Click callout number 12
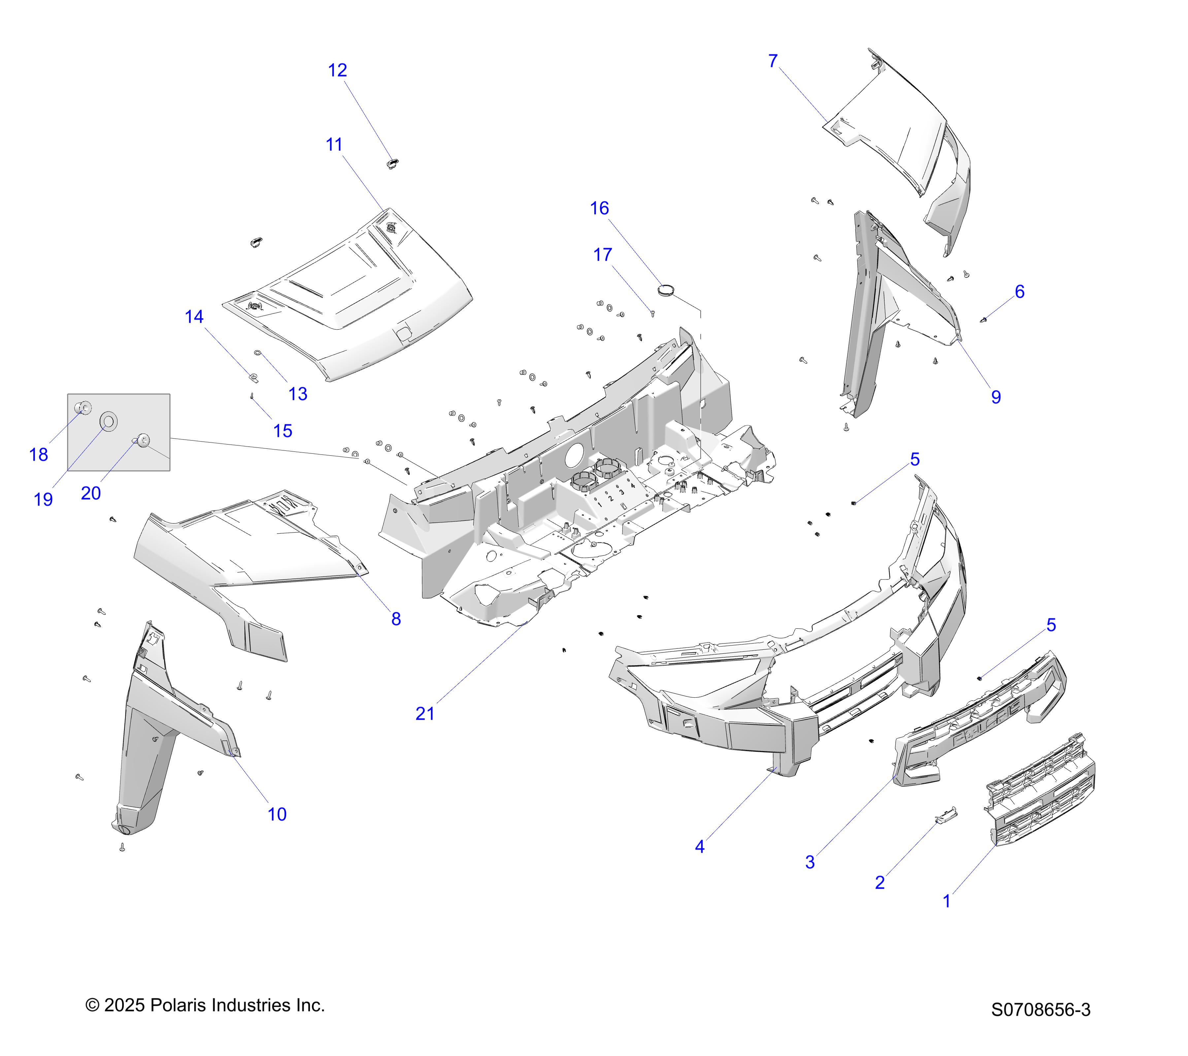[x=337, y=70]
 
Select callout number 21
[x=425, y=714]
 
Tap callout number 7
[x=773, y=61]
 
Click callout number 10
[x=277, y=814]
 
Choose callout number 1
[x=947, y=902]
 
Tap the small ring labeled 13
[x=257, y=353]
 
